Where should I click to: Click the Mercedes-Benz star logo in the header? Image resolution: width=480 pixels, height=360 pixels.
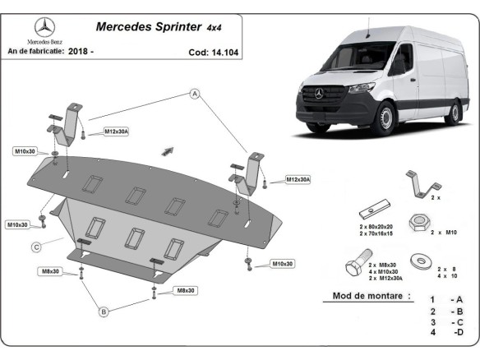[40, 26]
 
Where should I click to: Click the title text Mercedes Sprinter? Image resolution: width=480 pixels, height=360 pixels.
[149, 26]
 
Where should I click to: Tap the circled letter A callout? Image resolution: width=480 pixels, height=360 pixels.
[196, 95]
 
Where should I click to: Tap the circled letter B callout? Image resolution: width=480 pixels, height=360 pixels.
[104, 312]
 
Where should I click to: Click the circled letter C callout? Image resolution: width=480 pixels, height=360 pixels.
[37, 247]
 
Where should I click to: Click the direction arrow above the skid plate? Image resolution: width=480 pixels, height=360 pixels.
[168, 150]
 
